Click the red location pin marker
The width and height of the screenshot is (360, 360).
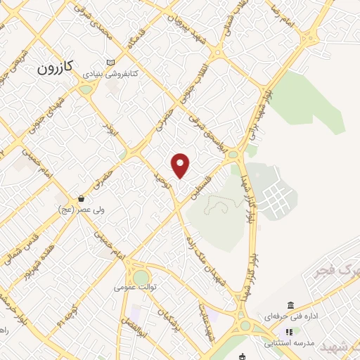(181, 165)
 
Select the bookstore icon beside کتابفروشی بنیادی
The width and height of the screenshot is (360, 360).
(110, 62)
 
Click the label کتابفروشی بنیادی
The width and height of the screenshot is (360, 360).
(112, 73)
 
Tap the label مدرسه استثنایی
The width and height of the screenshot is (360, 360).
(289, 344)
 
